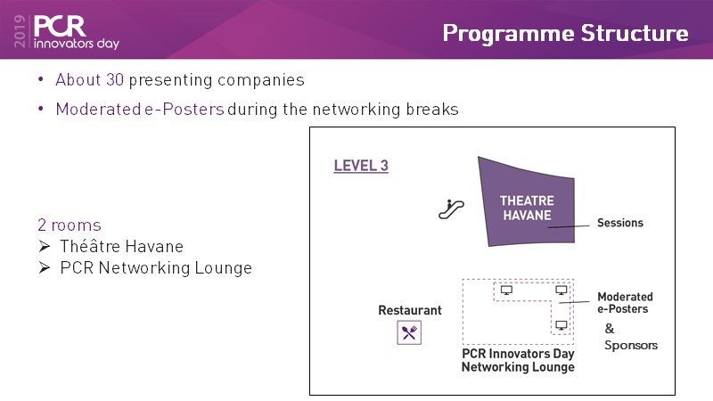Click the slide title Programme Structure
[x=565, y=34]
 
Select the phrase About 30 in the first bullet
[x=89, y=80]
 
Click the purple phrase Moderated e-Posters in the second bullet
[x=139, y=110]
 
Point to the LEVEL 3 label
[x=361, y=166]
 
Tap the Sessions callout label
[x=619, y=223]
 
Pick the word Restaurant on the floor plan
[x=410, y=310]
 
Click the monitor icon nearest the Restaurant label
[x=506, y=290]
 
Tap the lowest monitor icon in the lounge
[x=561, y=325]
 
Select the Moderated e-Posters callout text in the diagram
[x=625, y=303]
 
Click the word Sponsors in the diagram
[x=631, y=345]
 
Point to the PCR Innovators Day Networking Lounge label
[x=518, y=360]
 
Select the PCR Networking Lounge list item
[x=156, y=267]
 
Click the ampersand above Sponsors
[x=610, y=328]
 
